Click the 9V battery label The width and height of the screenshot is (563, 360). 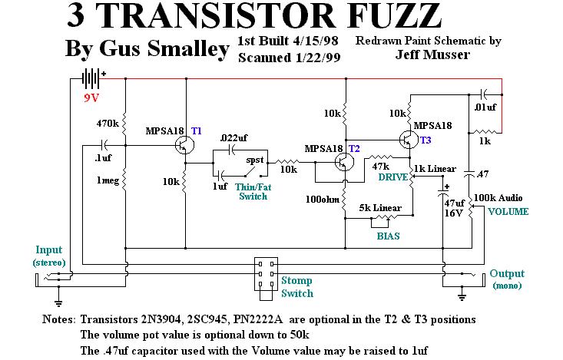(93, 99)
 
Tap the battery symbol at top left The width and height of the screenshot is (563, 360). (91, 78)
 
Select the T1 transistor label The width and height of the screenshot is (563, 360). (197, 131)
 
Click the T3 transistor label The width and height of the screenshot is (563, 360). (426, 140)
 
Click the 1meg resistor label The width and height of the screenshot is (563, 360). (107, 181)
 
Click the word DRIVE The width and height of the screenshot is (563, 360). (392, 177)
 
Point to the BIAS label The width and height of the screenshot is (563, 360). (388, 236)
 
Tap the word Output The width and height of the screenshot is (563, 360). (507, 273)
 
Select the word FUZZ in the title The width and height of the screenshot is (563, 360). (381, 15)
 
